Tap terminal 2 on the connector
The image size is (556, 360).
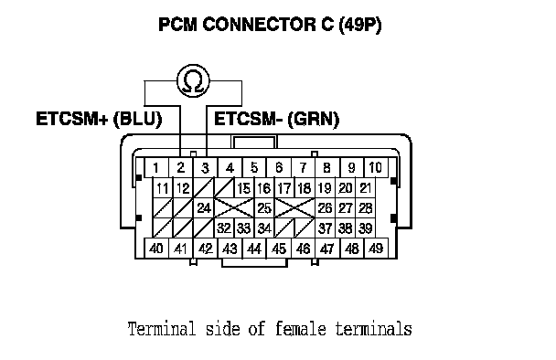[181, 167]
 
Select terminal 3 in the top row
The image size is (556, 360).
[206, 167]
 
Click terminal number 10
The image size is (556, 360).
[376, 167]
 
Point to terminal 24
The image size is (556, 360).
[204, 207]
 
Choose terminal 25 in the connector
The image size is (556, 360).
[264, 207]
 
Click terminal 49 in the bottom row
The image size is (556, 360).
[376, 249]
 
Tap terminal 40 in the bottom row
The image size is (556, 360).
[156, 249]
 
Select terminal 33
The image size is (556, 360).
[244, 228]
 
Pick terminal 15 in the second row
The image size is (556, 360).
[244, 188]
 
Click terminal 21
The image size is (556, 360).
[365, 188]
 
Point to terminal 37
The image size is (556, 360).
[325, 228]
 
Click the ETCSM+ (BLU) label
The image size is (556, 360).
[99, 119]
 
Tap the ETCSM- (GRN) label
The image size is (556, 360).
[276, 119]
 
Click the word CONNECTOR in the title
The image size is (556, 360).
[259, 25]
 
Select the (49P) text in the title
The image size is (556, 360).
[360, 25]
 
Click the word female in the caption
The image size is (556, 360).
[300, 328]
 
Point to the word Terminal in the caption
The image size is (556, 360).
[162, 328]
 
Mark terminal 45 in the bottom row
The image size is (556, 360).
[278, 249]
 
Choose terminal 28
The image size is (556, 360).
[365, 207]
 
